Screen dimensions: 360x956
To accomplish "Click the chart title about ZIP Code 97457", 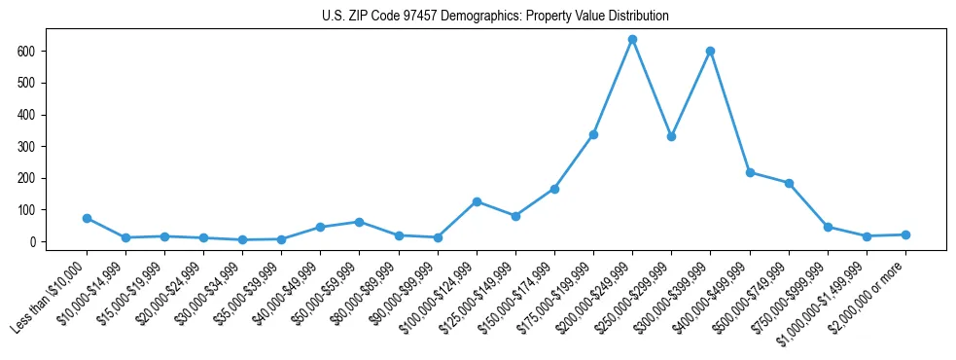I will (495, 17).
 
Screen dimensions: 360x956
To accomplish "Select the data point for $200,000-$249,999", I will (632, 40).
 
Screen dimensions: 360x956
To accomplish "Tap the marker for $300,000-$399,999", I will (710, 51).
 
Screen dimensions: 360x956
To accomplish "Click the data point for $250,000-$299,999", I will (671, 137).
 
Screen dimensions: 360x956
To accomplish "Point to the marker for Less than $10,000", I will (87, 219).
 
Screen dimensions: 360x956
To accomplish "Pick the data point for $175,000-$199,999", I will (593, 134).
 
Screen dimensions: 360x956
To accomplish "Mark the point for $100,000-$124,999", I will (477, 201).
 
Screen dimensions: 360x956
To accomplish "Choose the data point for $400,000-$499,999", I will (750, 172).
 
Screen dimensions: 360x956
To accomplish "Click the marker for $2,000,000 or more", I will (905, 234).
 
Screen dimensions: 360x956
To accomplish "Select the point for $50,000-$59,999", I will (359, 222).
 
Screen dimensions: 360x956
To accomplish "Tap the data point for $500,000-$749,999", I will (789, 183).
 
